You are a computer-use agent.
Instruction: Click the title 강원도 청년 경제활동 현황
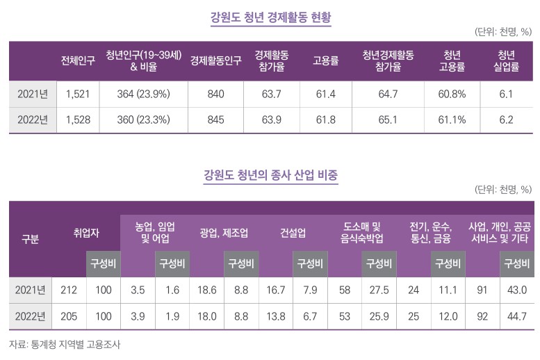click(x=271, y=17)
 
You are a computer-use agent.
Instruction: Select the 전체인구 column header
click(x=78, y=60)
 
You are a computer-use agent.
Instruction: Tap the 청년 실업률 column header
click(x=506, y=60)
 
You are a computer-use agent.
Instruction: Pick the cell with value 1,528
click(x=78, y=120)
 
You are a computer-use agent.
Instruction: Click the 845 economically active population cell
click(x=215, y=120)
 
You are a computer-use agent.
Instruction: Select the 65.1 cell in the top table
click(x=388, y=120)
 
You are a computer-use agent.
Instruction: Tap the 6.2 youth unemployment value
click(x=506, y=120)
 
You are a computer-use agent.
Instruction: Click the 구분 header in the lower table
click(x=30, y=239)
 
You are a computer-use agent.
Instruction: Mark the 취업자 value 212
click(x=68, y=290)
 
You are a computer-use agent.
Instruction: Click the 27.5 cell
click(x=379, y=290)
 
